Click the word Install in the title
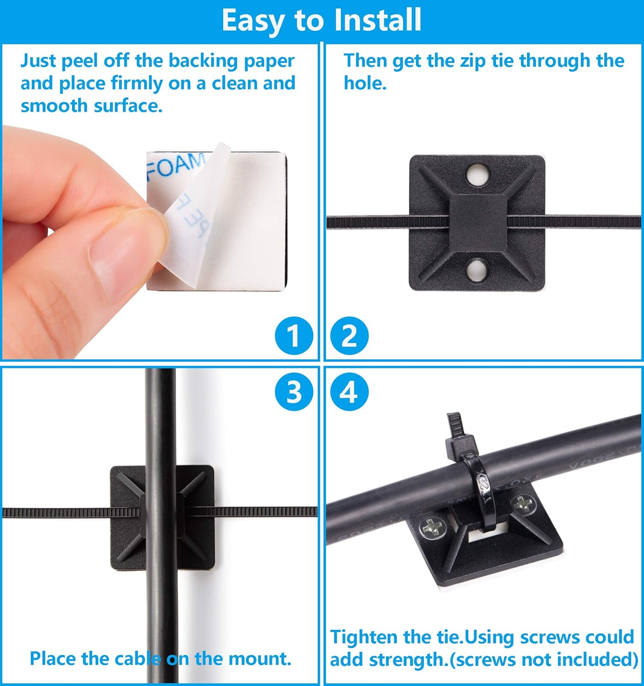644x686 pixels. point(377,20)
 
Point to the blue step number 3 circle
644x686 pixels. point(294,392)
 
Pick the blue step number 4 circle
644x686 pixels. point(349,392)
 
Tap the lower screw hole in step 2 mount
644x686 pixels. point(478,271)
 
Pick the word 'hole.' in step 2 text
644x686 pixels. point(365,84)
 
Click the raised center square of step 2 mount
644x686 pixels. point(478,222)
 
